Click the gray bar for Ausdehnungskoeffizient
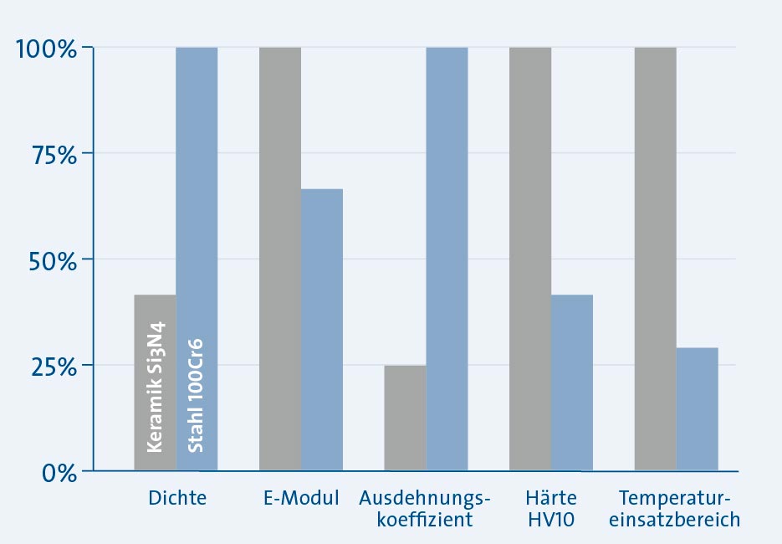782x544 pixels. (x=405, y=418)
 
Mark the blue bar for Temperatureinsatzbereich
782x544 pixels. (x=698, y=409)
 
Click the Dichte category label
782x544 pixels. (x=176, y=499)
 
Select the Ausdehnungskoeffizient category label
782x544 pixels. (x=425, y=509)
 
